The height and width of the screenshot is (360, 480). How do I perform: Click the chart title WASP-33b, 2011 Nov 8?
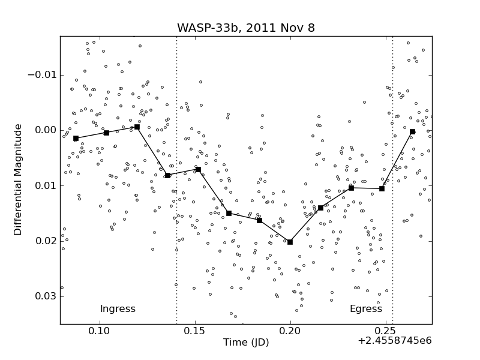[x=245, y=28]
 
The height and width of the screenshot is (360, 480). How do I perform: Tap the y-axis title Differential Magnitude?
[x=18, y=179]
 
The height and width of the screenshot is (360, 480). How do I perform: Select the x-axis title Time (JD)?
[x=246, y=343]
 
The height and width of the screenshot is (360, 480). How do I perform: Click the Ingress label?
[x=118, y=309]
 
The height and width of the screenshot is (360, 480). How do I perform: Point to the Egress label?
[x=365, y=309]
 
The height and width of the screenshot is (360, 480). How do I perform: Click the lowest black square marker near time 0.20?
[x=290, y=242]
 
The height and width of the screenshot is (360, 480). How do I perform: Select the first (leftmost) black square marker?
[x=76, y=138]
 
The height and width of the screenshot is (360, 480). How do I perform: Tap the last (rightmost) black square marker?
[x=412, y=131]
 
